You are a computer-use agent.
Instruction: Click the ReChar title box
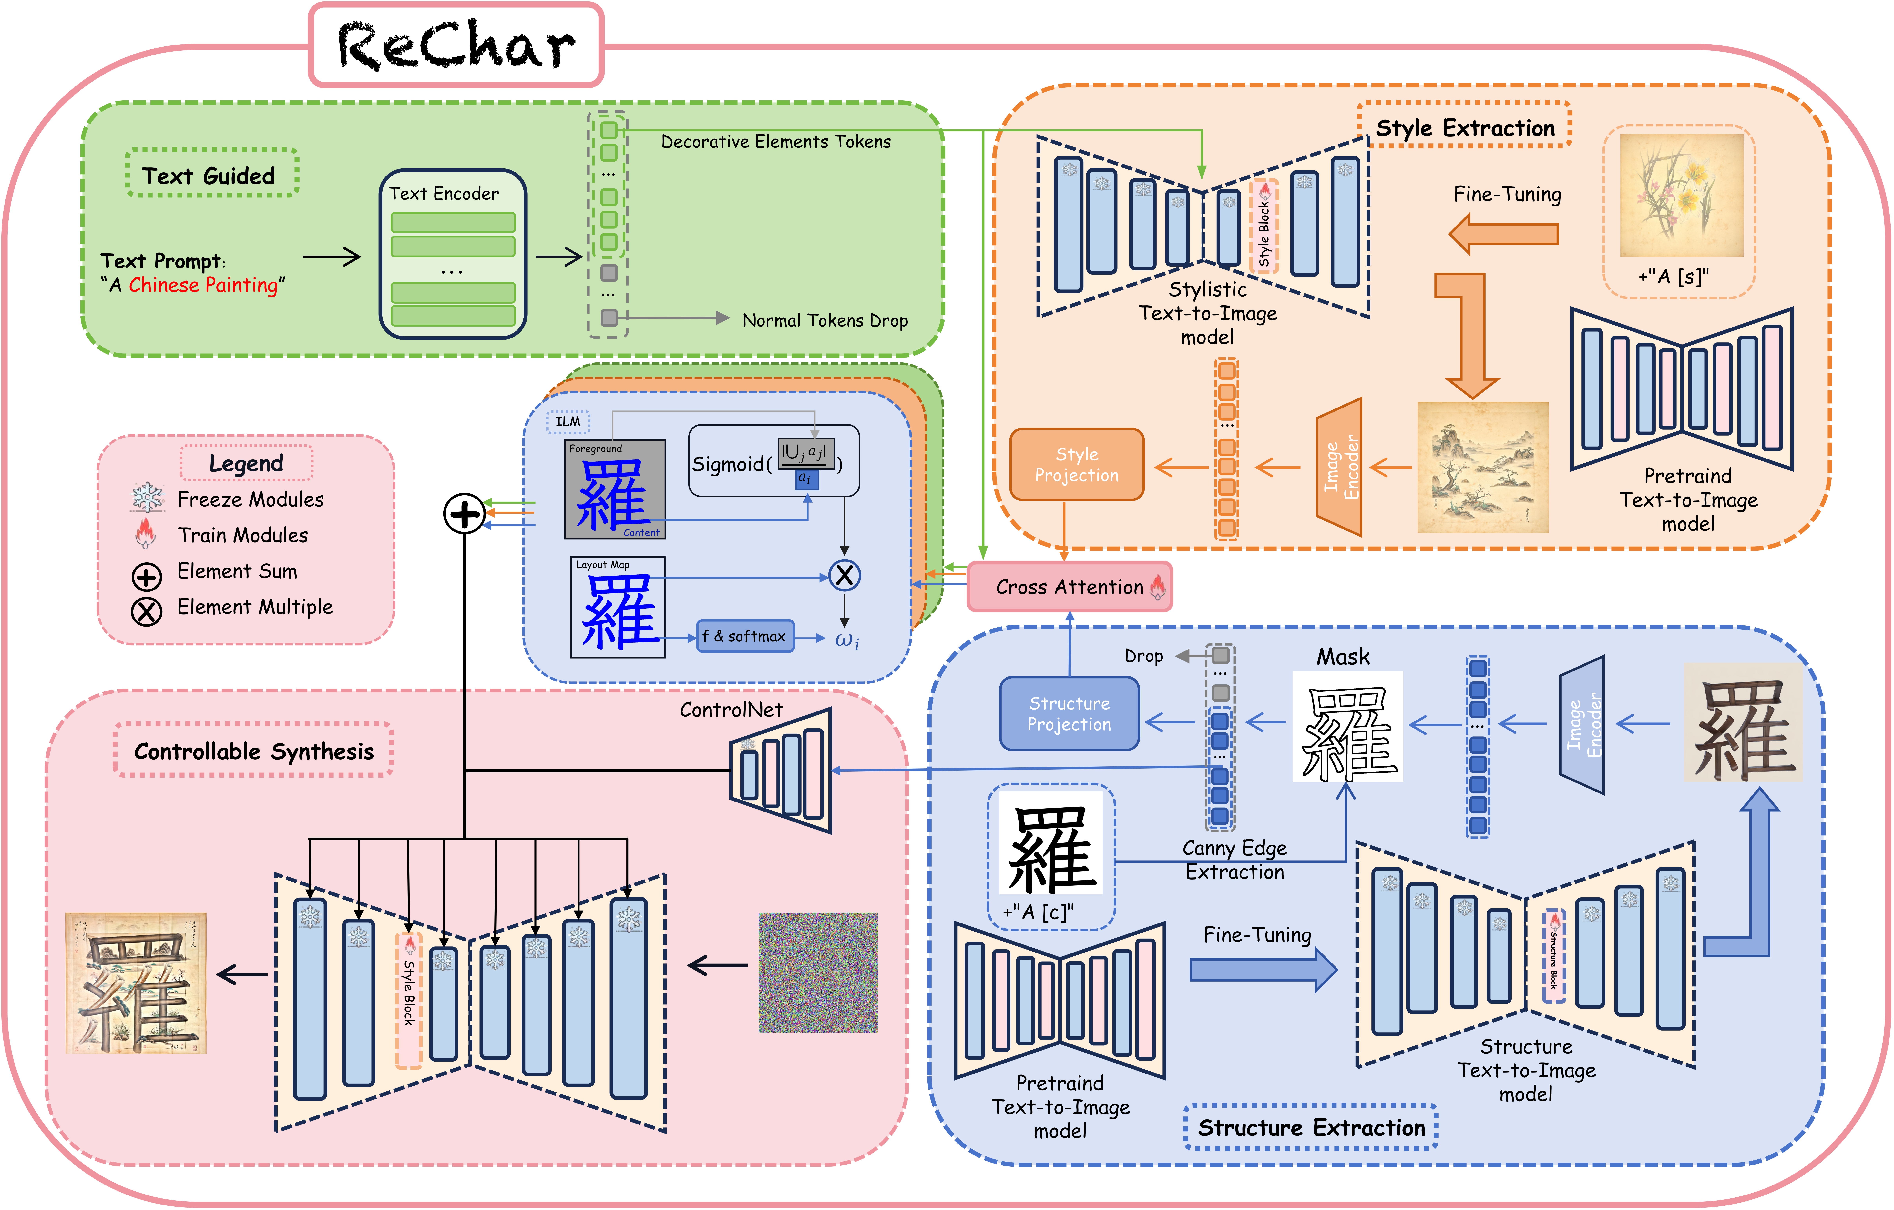[x=456, y=45]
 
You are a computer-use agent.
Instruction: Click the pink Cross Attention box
[x=1070, y=587]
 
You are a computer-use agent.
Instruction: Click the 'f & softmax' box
[x=745, y=636]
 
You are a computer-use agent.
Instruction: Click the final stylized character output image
[x=136, y=983]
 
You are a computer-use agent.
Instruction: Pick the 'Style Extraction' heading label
[x=1465, y=127]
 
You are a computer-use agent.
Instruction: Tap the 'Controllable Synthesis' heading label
[x=254, y=751]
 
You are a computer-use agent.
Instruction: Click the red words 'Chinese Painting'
[x=203, y=285]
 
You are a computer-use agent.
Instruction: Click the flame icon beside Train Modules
[x=146, y=534]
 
